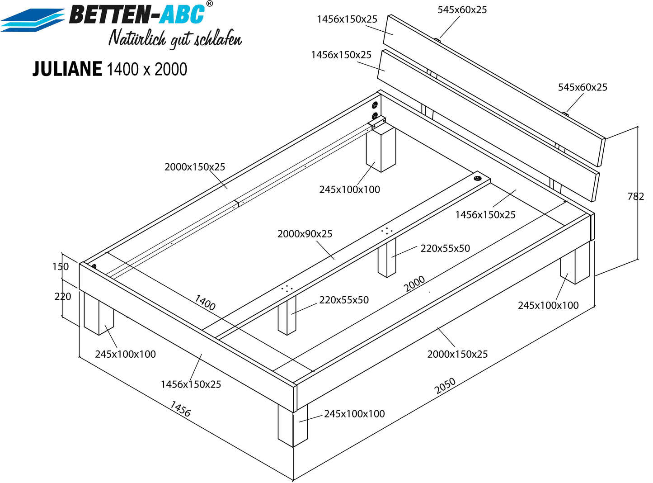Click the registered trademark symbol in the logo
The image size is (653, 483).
click(209, 4)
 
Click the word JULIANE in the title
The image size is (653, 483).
click(67, 69)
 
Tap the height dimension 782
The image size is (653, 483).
click(635, 196)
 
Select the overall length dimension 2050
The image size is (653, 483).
click(445, 386)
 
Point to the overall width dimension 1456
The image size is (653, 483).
click(180, 409)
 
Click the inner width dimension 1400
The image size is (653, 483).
click(205, 303)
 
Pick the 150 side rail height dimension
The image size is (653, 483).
click(61, 266)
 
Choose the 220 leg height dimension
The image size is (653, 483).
click(63, 296)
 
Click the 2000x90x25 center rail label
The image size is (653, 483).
click(305, 234)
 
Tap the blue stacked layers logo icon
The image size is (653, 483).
click(33, 20)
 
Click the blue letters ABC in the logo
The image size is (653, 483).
click(182, 14)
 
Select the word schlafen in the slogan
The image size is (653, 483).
click(218, 39)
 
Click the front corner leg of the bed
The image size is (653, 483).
click(293, 425)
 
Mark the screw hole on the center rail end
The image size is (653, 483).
click(477, 178)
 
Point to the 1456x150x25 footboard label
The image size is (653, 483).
click(191, 384)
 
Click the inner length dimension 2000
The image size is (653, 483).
click(414, 284)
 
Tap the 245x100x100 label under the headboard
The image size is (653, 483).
click(350, 189)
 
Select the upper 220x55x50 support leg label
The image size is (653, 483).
click(445, 248)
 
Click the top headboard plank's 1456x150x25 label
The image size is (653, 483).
click(347, 19)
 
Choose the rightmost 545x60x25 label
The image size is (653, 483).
click(583, 87)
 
